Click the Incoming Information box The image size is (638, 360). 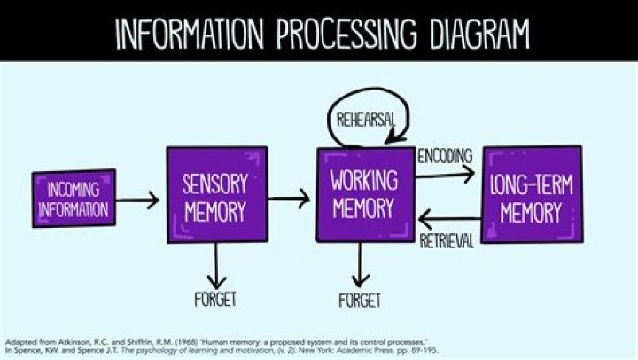(74, 199)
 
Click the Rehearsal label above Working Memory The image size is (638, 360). (362, 119)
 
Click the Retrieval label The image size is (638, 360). (447, 240)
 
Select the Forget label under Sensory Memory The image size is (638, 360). (216, 299)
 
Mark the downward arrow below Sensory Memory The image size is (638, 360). (216, 262)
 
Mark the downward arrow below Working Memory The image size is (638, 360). (360, 262)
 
